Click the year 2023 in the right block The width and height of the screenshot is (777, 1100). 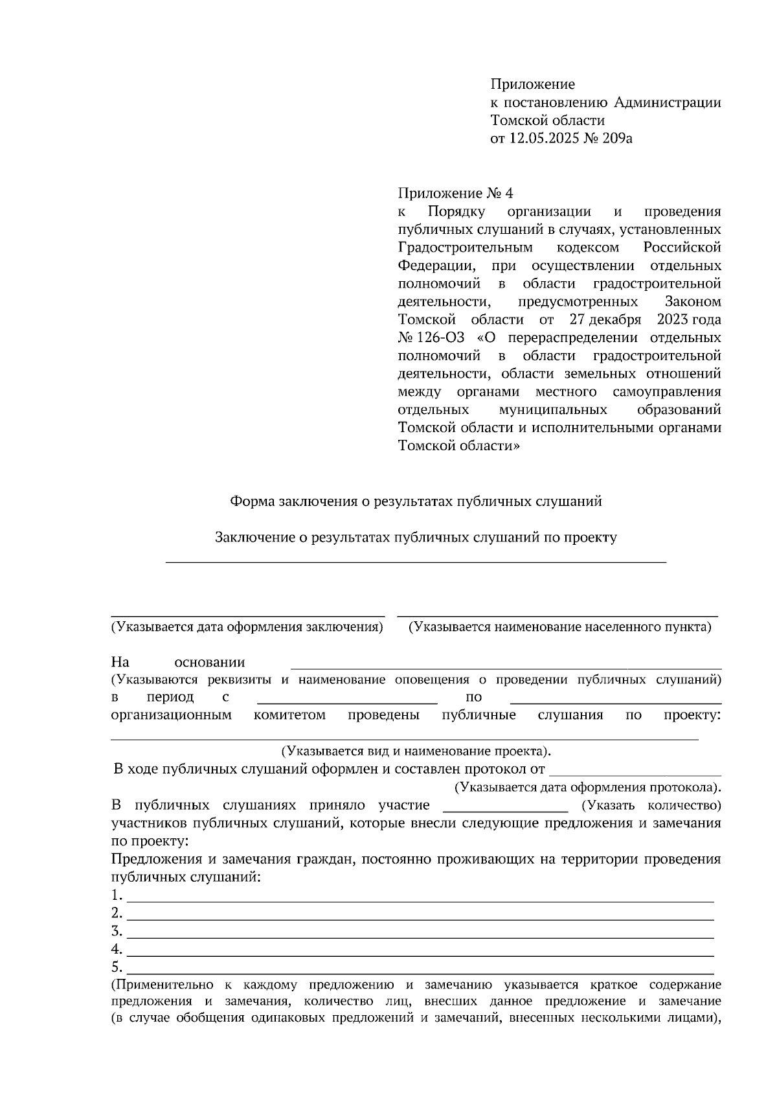pyautogui.click(x=673, y=319)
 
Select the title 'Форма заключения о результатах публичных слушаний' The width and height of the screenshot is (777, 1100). pyautogui.click(x=416, y=501)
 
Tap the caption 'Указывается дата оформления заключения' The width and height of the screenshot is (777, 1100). pyautogui.click(x=247, y=627)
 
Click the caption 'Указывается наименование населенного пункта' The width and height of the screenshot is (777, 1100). pyautogui.click(x=559, y=627)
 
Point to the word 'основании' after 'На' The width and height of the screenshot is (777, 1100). pyautogui.click(x=210, y=662)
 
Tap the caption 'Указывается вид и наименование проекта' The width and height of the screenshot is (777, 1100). pyautogui.click(x=416, y=751)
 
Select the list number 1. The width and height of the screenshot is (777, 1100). pyautogui.click(x=117, y=895)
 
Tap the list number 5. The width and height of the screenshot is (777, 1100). pyautogui.click(x=117, y=968)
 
